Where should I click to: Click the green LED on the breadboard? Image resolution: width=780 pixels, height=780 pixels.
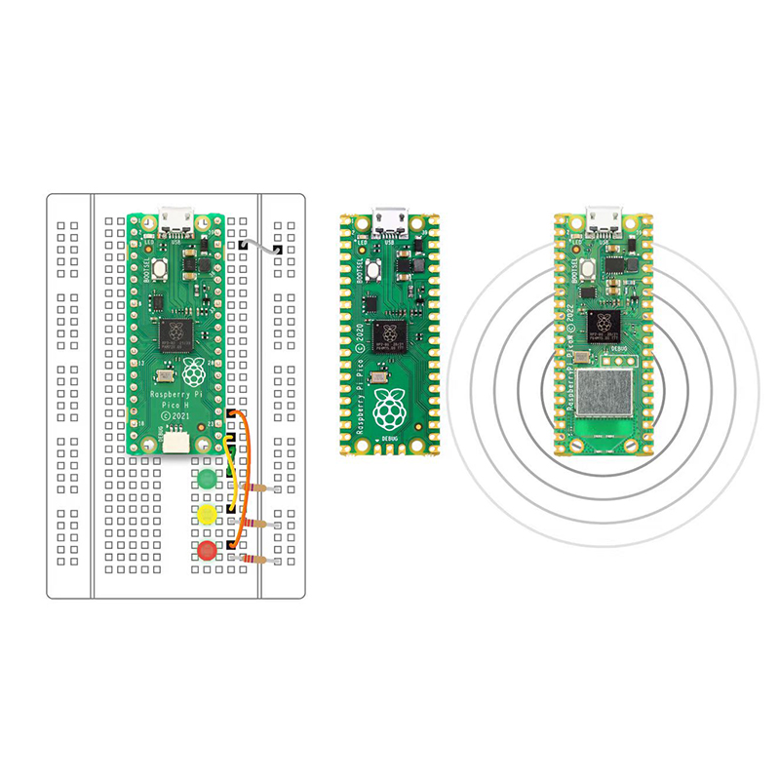coord(206,479)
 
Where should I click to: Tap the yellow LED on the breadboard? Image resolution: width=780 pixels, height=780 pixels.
coord(206,514)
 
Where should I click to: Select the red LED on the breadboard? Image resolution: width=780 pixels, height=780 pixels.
coord(207,551)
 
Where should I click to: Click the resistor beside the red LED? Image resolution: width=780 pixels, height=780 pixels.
coord(259,560)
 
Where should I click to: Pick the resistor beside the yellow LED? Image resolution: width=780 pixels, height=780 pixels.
coord(258,525)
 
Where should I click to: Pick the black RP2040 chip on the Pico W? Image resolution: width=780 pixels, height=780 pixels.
coord(605,325)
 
